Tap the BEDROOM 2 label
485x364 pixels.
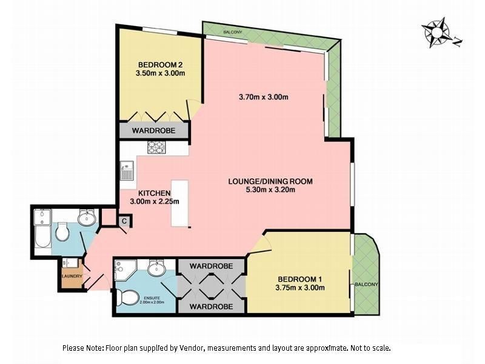[x=161, y=65]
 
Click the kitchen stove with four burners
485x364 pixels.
[x=156, y=147]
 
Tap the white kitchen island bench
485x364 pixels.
[x=179, y=203]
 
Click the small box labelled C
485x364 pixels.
[x=124, y=221]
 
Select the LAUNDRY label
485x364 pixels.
[x=70, y=277]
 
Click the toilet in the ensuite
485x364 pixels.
[x=129, y=298]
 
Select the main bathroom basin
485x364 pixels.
[x=87, y=217]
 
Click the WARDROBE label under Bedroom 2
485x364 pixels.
[x=155, y=130]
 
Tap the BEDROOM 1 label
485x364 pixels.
[x=299, y=278]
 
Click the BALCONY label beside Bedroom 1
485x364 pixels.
[x=367, y=285]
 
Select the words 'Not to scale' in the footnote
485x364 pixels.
[x=370, y=348]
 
